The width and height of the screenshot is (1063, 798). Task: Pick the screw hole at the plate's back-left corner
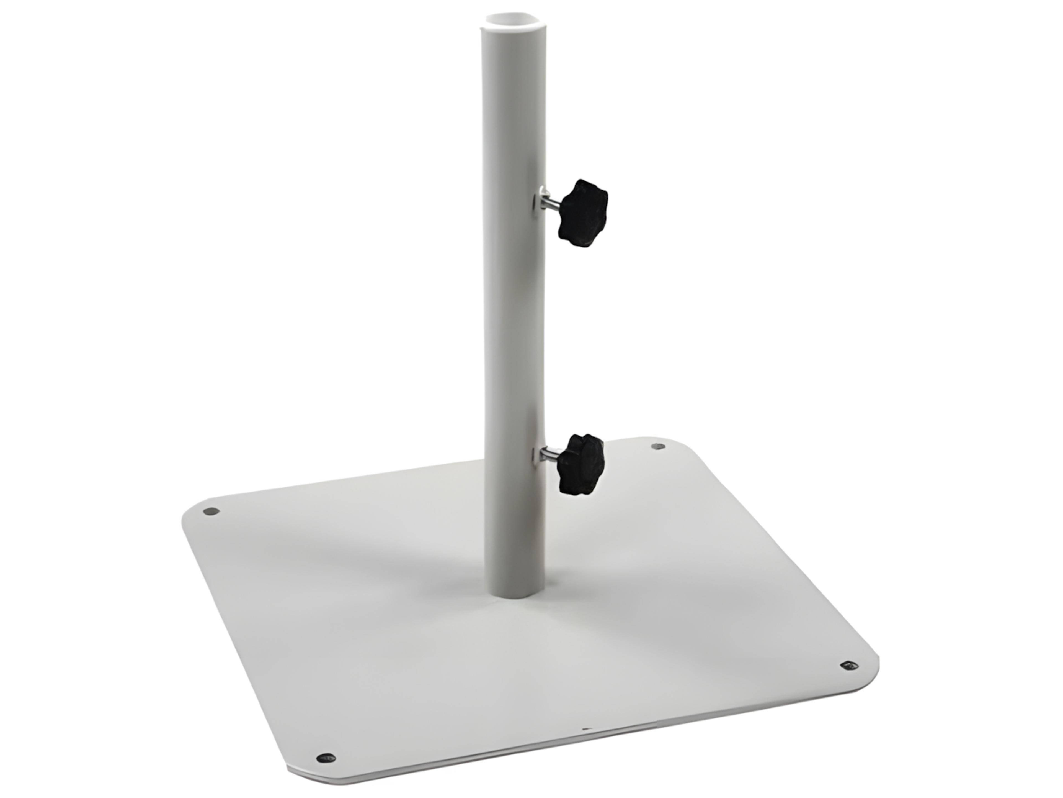pyautogui.click(x=210, y=511)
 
